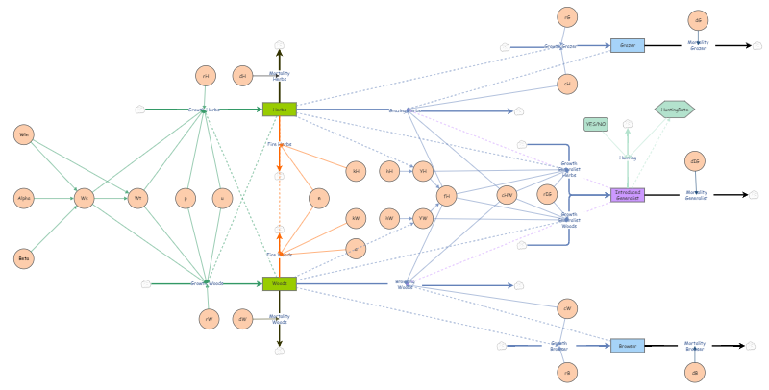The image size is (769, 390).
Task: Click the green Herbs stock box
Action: click(279, 110)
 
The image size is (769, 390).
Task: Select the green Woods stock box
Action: click(279, 283)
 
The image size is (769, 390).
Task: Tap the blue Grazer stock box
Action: click(627, 45)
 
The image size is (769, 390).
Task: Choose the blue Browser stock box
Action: click(627, 346)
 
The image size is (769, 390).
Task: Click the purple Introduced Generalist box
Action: click(627, 195)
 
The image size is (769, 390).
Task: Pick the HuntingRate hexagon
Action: click(675, 110)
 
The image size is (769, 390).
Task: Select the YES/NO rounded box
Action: click(596, 124)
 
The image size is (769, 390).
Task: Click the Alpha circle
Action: click(24, 199)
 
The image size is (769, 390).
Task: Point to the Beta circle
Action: click(24, 258)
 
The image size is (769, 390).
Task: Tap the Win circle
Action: click(24, 134)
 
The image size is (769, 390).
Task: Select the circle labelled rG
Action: click(567, 17)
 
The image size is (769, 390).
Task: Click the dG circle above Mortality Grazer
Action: click(698, 20)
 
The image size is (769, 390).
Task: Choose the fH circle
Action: click(446, 196)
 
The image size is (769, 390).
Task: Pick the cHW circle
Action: click(507, 195)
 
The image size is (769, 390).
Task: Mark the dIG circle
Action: click(694, 161)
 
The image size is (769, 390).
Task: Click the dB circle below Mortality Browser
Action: click(694, 373)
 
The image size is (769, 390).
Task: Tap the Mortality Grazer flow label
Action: click(698, 45)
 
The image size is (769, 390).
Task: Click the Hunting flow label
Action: click(628, 158)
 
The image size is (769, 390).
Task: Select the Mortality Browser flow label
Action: click(694, 346)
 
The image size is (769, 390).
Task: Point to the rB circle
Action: click(567, 373)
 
